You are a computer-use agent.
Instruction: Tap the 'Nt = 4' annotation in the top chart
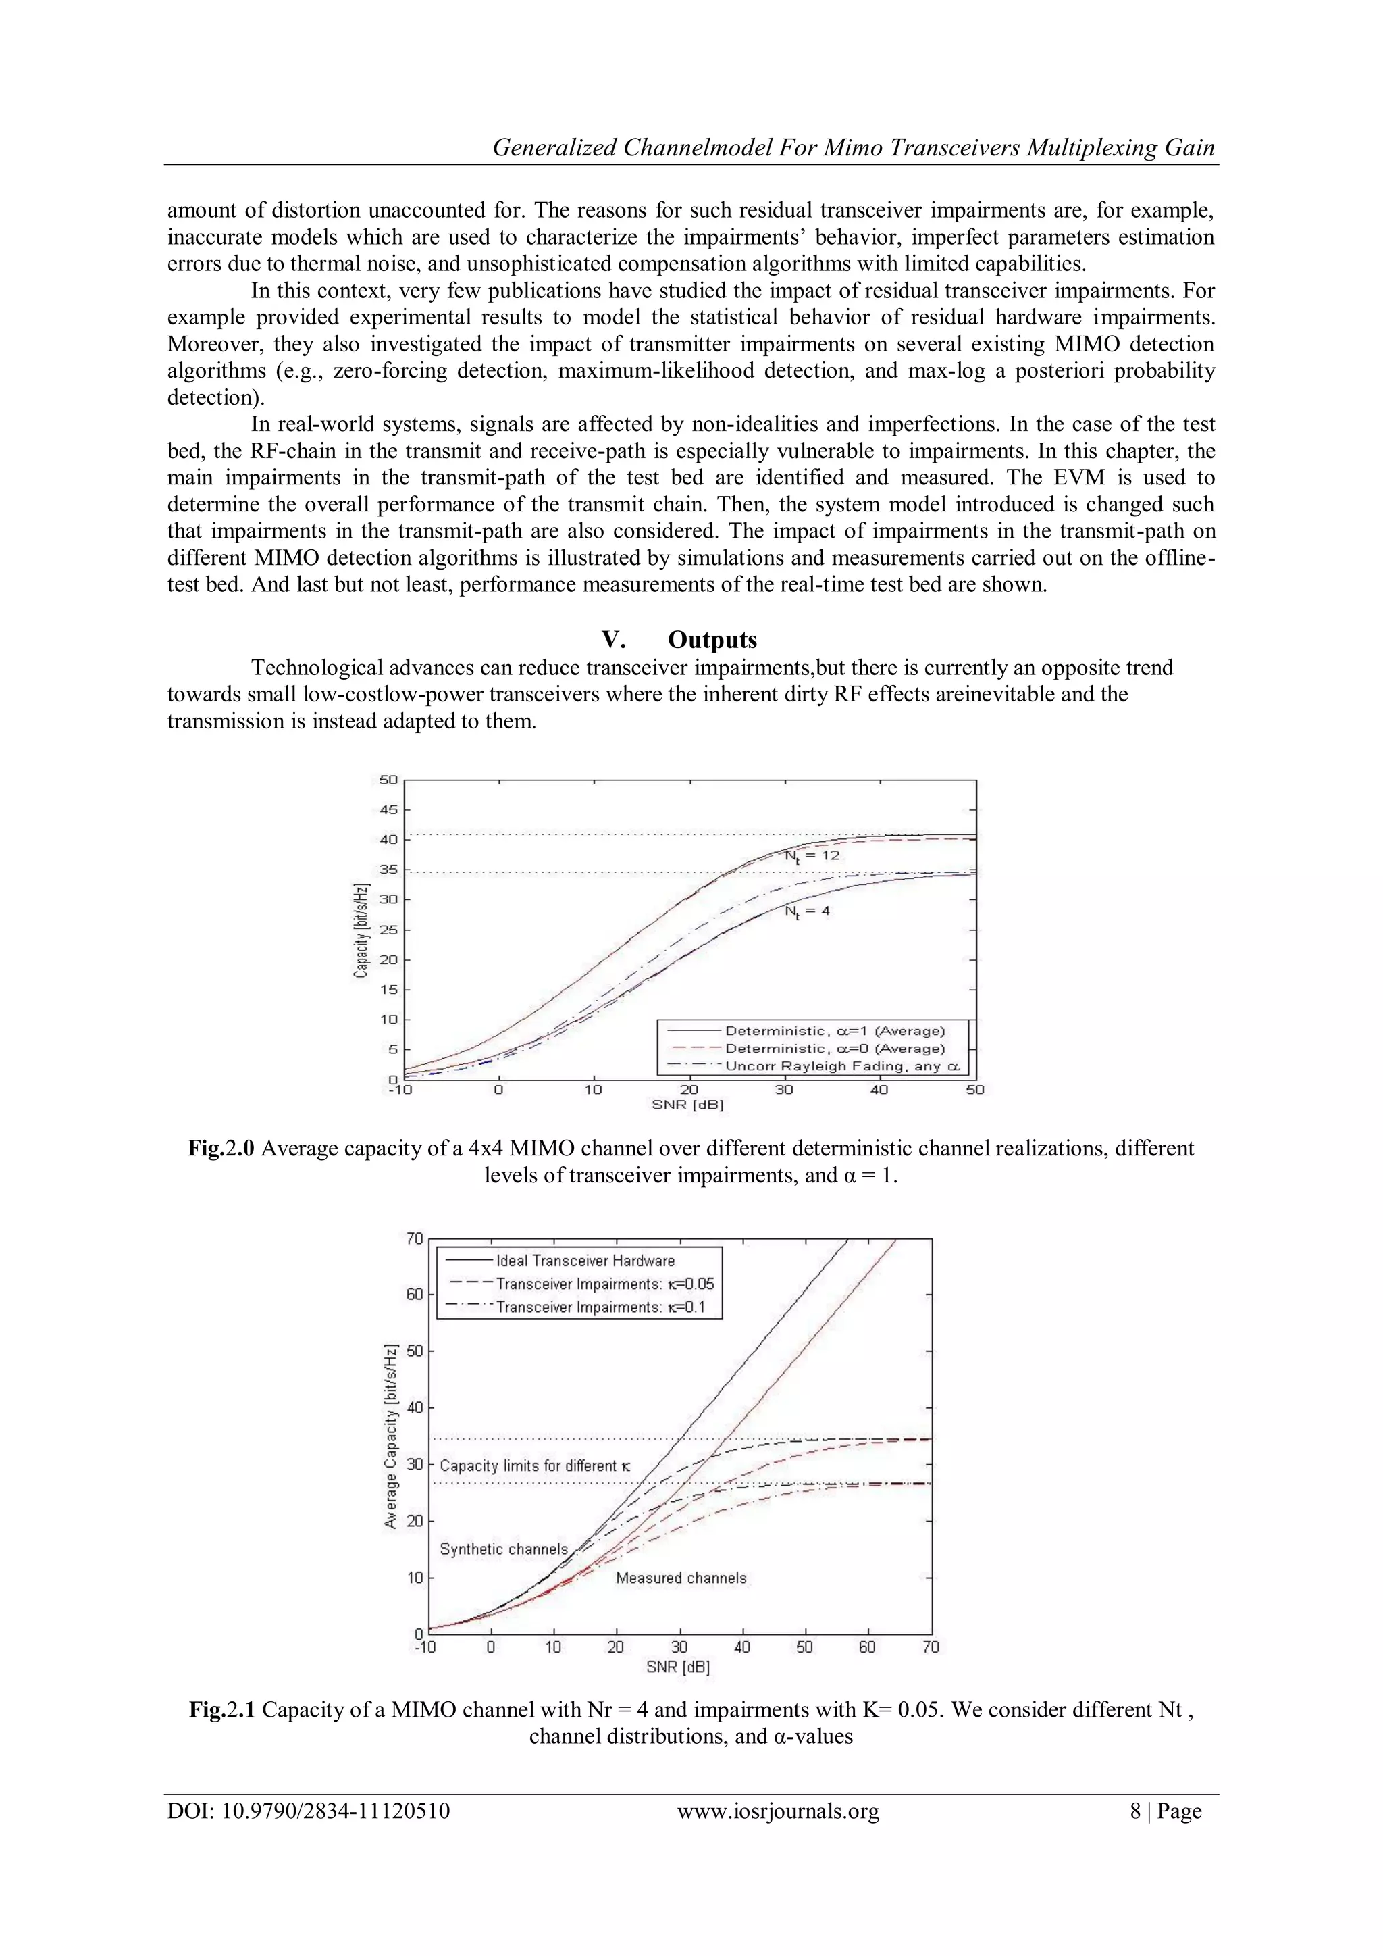806,911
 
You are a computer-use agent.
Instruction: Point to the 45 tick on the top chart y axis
388,809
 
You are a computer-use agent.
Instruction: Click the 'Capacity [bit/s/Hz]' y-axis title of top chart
361,930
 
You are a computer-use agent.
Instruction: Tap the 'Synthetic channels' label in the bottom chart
503,1549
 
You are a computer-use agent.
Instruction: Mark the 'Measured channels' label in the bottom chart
681,1578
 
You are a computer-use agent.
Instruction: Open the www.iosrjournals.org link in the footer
777,1811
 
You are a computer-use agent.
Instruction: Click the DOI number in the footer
309,1811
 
